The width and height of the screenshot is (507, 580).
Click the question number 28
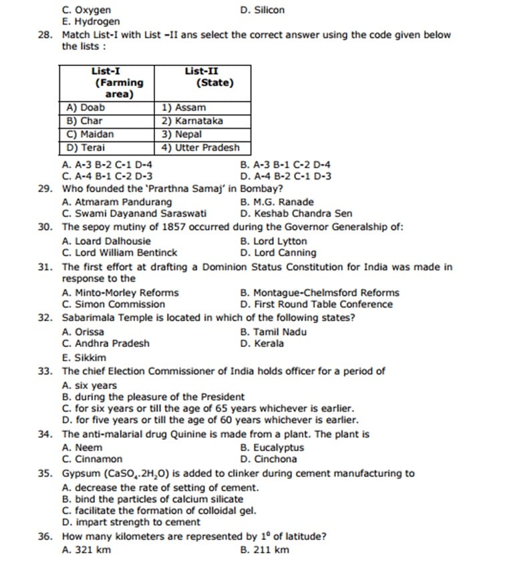point(45,35)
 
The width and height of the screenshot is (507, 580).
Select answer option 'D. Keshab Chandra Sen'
point(295,214)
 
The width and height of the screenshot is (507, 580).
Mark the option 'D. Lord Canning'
point(278,253)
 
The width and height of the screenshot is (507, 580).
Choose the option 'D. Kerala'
point(262,344)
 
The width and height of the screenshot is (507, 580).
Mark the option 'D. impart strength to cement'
point(130,522)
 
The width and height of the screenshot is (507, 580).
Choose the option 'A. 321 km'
point(86,550)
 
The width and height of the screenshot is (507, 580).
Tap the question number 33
point(45,371)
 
